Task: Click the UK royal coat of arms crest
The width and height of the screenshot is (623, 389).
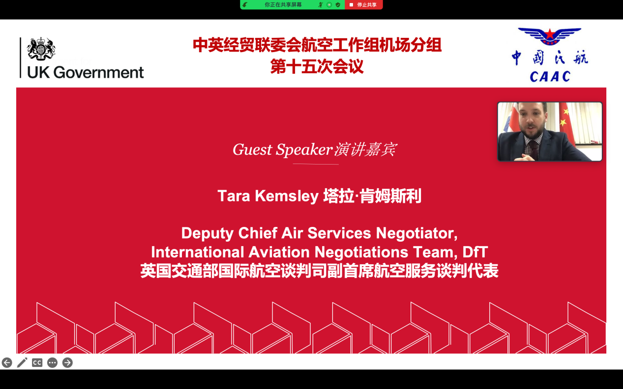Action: (41, 49)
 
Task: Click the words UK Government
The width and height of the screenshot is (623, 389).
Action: (86, 73)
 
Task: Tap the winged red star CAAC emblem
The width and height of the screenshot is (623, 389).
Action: (550, 36)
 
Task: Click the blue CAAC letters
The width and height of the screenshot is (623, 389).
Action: (550, 77)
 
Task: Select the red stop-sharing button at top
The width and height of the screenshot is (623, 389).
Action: (363, 5)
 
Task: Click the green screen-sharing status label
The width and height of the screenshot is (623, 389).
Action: (283, 5)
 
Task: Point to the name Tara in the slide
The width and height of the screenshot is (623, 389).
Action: (234, 196)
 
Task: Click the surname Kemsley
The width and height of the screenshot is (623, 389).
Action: (287, 196)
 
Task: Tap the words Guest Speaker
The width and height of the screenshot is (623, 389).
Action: (283, 150)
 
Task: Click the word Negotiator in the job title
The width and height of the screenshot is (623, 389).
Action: (416, 233)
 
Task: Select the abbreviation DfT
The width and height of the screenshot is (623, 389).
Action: (475, 252)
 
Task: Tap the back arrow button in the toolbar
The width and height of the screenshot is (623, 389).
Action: (7, 362)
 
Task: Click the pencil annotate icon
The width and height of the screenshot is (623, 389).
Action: (22, 362)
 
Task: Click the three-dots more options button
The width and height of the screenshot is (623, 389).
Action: (52, 362)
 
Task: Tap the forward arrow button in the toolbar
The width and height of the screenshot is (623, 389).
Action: (67, 362)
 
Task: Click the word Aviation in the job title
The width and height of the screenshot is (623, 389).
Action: (279, 252)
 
